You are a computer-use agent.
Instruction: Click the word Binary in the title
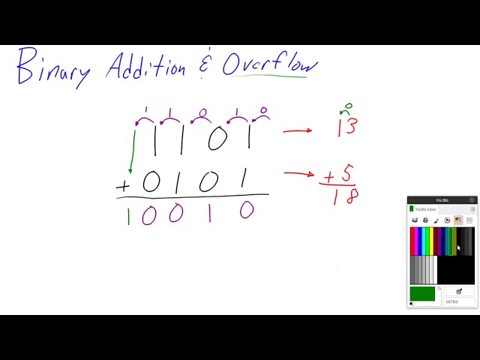(52, 67)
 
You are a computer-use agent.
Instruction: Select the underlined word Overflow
(270, 64)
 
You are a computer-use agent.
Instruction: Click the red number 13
(346, 126)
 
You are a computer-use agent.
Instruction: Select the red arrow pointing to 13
(297, 131)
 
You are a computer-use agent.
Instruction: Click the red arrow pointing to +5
(298, 175)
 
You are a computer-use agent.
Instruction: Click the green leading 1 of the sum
(127, 216)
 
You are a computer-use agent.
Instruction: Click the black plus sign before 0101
(122, 185)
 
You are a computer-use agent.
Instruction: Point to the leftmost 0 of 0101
(151, 181)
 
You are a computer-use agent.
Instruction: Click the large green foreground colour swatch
(423, 293)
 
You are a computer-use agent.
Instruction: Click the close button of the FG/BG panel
(472, 199)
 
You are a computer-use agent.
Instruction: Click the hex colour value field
(457, 301)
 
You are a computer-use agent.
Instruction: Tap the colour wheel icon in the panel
(447, 220)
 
